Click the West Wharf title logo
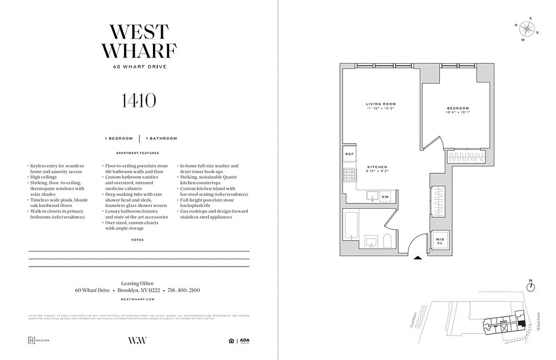[139, 41]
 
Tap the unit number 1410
[139, 100]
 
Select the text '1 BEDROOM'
[119, 139]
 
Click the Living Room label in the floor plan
[381, 104]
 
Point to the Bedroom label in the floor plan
[457, 108]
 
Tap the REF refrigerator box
[350, 154]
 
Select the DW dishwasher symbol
[385, 197]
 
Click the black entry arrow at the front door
[417, 258]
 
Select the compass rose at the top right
[526, 29]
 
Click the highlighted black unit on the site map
[521, 323]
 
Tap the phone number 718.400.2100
[184, 290]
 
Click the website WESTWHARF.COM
[138, 299]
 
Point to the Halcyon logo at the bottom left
[38, 340]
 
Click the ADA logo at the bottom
[244, 341]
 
